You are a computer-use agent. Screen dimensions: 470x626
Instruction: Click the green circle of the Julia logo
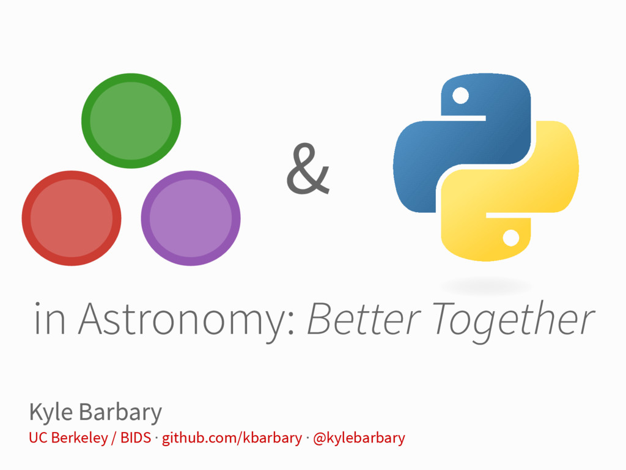(131, 120)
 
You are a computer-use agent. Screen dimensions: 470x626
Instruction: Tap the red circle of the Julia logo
(72, 218)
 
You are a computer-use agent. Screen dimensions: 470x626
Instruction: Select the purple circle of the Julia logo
(191, 218)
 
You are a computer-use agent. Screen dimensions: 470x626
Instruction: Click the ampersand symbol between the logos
(307, 170)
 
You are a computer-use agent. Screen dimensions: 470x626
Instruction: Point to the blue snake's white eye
(460, 95)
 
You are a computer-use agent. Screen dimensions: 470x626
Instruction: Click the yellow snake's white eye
(511, 237)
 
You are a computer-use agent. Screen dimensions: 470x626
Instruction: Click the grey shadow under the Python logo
(486, 285)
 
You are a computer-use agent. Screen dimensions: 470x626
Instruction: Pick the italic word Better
(363, 319)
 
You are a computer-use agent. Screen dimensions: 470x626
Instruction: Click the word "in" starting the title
(50, 319)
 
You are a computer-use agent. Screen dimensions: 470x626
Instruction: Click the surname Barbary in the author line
(120, 413)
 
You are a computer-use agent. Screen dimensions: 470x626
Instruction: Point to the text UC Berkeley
(67, 438)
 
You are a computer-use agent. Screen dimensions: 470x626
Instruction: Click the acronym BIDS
(135, 438)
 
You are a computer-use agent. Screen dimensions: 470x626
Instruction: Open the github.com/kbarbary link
(232, 438)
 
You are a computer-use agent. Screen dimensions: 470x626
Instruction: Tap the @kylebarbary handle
(359, 438)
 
